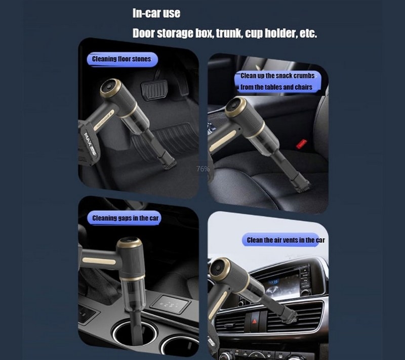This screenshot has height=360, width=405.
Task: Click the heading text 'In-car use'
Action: pyautogui.click(x=156, y=13)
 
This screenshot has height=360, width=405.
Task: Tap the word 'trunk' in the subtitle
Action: pyautogui.click(x=229, y=33)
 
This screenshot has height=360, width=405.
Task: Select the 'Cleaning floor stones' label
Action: pyautogui.click(x=121, y=59)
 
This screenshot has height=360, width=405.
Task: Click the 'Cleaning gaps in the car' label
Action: pyautogui.click(x=125, y=218)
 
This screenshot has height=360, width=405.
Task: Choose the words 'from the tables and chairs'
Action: pyautogui.click(x=276, y=87)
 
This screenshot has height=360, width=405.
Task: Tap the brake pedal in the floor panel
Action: pyautogui.click(x=154, y=90)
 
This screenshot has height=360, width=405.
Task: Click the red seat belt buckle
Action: pyautogui.click(x=301, y=144)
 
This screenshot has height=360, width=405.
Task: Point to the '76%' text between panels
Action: pyautogui.click(x=203, y=169)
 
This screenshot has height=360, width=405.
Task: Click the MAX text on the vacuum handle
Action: pyautogui.click(x=89, y=141)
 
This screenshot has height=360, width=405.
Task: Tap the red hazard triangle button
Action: pyautogui.click(x=255, y=321)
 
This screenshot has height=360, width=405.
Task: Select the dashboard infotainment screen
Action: pyautogui.click(x=281, y=286)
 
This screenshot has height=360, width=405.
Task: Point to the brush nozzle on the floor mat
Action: pyautogui.click(x=169, y=163)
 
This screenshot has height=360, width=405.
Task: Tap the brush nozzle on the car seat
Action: pyautogui.click(x=303, y=186)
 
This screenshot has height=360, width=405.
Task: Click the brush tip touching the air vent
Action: pyautogui.click(x=291, y=317)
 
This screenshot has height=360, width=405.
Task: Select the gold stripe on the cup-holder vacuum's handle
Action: pyautogui.click(x=99, y=261)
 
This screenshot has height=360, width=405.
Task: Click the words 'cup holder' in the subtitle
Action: pyautogui.click(x=271, y=33)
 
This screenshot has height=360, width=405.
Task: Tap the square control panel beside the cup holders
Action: pyautogui.click(x=170, y=304)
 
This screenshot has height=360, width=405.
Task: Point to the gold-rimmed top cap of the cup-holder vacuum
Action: pyautogui.click(x=129, y=243)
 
